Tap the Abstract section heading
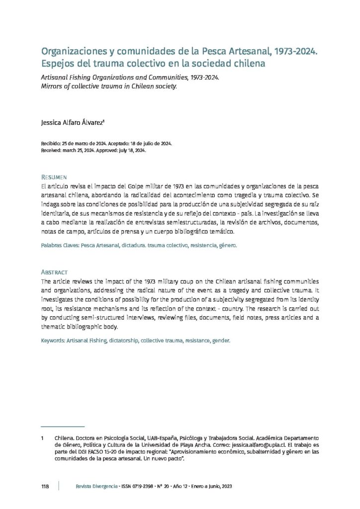[55, 272]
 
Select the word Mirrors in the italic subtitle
[53, 86]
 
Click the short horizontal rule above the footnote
[62, 426]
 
